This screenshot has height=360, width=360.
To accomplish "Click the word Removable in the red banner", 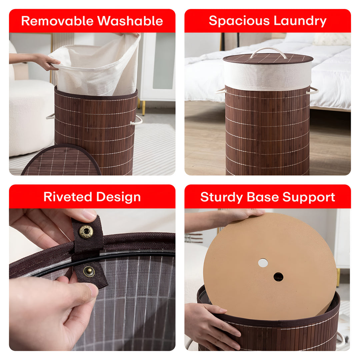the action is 57,21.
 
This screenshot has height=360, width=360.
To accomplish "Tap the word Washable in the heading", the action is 130,21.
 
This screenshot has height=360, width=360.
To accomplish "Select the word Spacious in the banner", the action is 239,21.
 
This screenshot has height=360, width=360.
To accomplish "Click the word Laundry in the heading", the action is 300,21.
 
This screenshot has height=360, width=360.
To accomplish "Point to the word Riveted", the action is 68,197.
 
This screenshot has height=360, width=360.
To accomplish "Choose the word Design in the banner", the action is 118,197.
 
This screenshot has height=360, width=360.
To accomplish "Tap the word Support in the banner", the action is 309,197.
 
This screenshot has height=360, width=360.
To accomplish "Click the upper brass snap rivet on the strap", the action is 86,232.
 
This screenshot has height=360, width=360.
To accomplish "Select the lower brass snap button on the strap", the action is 89,271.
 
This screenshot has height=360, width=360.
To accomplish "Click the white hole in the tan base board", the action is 263,263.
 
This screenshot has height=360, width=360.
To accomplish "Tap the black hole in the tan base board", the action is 278,277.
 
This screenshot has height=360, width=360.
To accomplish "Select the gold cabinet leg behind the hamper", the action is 143,108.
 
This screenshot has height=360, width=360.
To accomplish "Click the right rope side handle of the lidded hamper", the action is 313,91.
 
